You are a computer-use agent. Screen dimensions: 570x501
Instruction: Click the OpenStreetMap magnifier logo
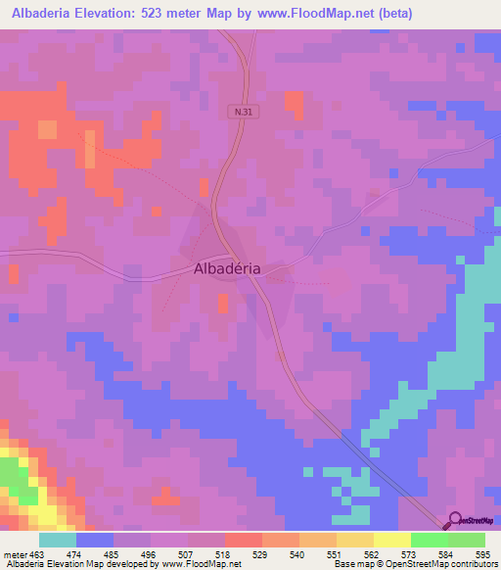453,521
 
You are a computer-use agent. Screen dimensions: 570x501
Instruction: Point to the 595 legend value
482,554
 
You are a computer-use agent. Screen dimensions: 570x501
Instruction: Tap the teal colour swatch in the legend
57,540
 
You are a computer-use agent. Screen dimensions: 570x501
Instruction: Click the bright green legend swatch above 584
429,540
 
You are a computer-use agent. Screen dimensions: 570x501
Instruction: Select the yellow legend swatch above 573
391,540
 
